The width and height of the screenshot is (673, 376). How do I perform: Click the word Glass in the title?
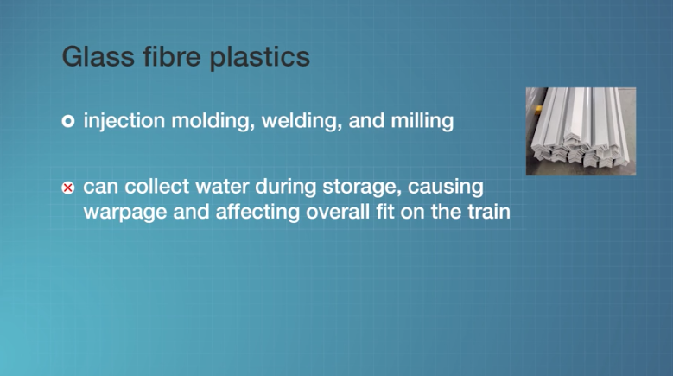[98, 56]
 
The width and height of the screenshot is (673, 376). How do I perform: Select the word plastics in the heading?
[260, 57]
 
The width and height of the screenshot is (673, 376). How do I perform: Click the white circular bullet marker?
[67, 122]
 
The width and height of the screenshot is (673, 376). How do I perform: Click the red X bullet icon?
[67, 188]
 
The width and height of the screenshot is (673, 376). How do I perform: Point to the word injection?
[124, 121]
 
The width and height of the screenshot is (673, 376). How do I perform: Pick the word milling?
[422, 121]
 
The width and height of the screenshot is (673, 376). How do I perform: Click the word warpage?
[125, 213]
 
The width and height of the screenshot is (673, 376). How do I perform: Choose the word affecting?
[257, 212]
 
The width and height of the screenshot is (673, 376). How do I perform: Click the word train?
[489, 212]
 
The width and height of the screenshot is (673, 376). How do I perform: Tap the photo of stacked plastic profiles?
[581, 131]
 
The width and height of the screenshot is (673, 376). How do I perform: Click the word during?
[285, 188]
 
